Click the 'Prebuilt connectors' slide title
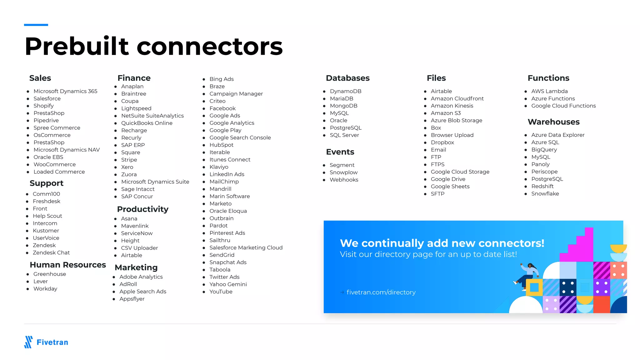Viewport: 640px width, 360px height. pyautogui.click(x=153, y=46)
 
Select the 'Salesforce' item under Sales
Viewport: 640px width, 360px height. pyautogui.click(x=47, y=98)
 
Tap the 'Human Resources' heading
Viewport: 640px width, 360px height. pyautogui.click(x=67, y=265)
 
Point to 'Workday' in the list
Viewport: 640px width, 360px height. pyautogui.click(x=45, y=289)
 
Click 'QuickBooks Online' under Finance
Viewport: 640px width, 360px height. pyautogui.click(x=147, y=123)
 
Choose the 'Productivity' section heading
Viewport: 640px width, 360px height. pyautogui.click(x=142, y=209)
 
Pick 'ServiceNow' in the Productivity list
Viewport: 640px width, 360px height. pyautogui.click(x=137, y=233)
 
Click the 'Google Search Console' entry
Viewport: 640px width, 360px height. pyautogui.click(x=240, y=137)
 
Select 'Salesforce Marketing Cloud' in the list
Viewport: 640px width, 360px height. pyautogui.click(x=246, y=247)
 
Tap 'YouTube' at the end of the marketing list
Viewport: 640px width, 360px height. pyautogui.click(x=221, y=292)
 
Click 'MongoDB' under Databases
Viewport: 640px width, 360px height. pyautogui.click(x=343, y=106)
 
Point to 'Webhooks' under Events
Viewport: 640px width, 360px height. pyautogui.click(x=344, y=180)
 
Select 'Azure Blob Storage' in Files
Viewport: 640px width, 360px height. pyautogui.click(x=456, y=120)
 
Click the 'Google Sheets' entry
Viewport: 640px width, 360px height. pyautogui.click(x=450, y=187)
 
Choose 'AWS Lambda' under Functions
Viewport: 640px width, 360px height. pyautogui.click(x=549, y=91)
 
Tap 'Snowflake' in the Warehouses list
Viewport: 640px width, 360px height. pyautogui.click(x=545, y=194)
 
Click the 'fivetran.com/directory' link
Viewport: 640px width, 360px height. pyautogui.click(x=381, y=292)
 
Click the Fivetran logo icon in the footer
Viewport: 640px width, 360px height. pyautogui.click(x=28, y=342)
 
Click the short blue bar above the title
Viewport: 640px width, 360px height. pyautogui.click(x=36, y=25)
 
